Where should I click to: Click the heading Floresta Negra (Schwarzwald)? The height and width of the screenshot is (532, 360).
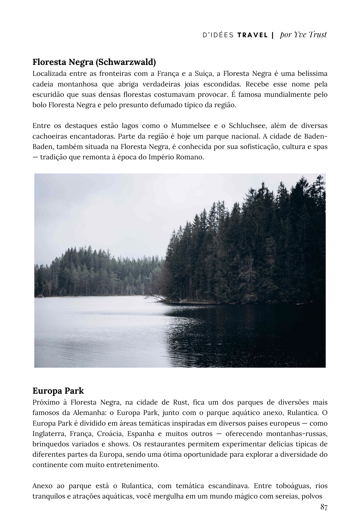tap(94, 62)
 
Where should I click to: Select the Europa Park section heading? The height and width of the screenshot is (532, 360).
tap(58, 391)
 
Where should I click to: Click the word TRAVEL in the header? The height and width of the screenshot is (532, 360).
tap(252, 35)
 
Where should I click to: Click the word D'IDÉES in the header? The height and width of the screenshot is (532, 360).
tap(218, 35)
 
